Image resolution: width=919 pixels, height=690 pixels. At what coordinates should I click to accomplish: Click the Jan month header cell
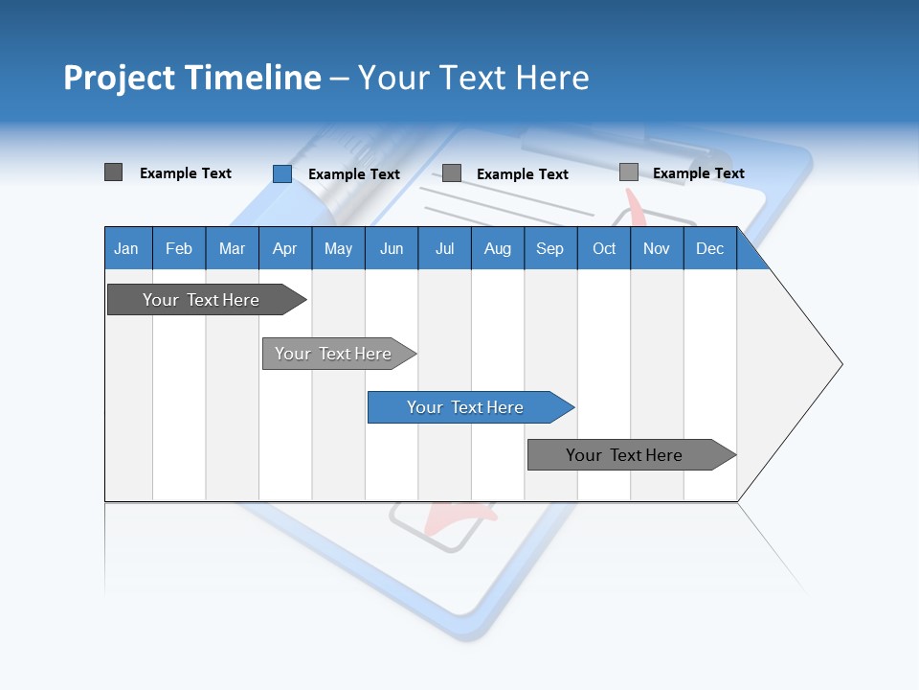[127, 248]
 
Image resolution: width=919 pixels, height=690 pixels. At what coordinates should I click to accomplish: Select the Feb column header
[179, 248]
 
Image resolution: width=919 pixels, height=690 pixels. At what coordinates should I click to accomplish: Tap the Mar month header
[232, 248]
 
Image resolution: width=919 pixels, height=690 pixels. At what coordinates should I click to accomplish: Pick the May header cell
[338, 248]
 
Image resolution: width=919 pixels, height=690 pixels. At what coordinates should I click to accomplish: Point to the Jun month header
[392, 248]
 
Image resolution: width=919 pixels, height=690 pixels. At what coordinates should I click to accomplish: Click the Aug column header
[498, 248]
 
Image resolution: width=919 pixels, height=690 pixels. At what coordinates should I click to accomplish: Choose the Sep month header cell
[550, 248]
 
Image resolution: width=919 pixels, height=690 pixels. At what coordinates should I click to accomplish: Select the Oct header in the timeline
[604, 248]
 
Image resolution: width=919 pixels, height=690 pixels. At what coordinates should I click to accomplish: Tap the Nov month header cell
[657, 248]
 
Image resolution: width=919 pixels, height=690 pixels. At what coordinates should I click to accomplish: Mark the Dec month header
[710, 248]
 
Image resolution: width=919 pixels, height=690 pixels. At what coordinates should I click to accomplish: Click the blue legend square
[282, 173]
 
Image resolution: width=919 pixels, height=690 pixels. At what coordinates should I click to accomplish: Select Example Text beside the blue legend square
[354, 174]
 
